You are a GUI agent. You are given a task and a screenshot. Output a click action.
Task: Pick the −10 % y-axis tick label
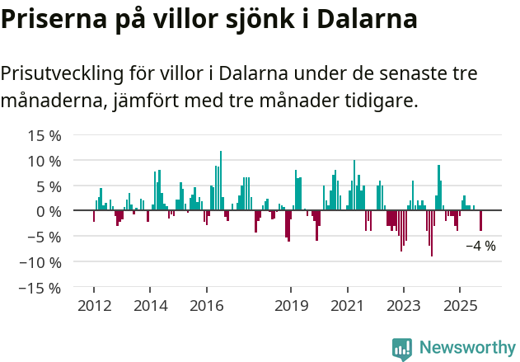coord(41,263)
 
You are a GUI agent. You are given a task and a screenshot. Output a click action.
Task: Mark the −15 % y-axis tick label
coord(41,289)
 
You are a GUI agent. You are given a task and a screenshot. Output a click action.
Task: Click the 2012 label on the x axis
coord(93,306)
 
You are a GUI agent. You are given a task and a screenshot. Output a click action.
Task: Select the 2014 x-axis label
coord(150,306)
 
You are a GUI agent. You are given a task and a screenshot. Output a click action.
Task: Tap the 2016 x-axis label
coord(206,306)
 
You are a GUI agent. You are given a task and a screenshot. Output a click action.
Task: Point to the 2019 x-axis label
coord(291,306)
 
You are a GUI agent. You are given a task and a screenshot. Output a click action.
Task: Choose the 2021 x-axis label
coord(347,306)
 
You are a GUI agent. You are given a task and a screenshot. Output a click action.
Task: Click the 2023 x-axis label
coord(403,306)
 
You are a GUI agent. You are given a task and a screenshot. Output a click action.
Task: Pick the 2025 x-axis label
coord(460,306)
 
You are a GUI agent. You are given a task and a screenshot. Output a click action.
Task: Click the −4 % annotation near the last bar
coord(480,246)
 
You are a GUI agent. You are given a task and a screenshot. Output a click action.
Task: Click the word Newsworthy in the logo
coord(466,347)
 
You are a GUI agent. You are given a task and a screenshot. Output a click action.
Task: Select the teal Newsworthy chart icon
coord(402,348)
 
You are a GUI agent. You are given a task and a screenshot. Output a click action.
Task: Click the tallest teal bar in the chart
coord(221,181)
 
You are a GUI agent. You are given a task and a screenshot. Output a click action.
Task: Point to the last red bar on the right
coord(481,221)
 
